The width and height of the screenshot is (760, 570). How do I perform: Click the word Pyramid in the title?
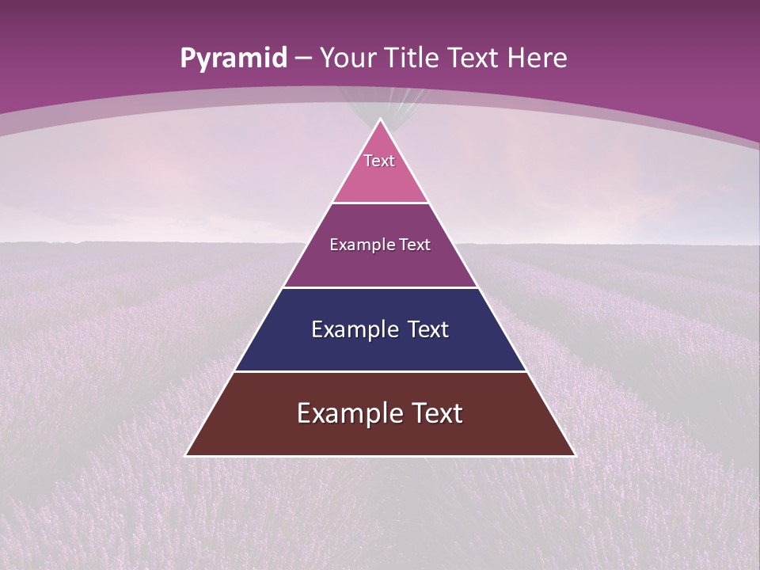233,59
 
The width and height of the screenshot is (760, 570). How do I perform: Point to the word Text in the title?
474,58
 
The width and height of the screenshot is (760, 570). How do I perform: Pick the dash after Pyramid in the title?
303,59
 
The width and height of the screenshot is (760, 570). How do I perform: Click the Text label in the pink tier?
379,161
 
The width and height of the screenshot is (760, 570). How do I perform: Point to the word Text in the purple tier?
415,245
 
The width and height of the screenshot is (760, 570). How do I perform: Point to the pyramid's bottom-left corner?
186,455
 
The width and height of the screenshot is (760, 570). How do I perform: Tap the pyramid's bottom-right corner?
575,455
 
